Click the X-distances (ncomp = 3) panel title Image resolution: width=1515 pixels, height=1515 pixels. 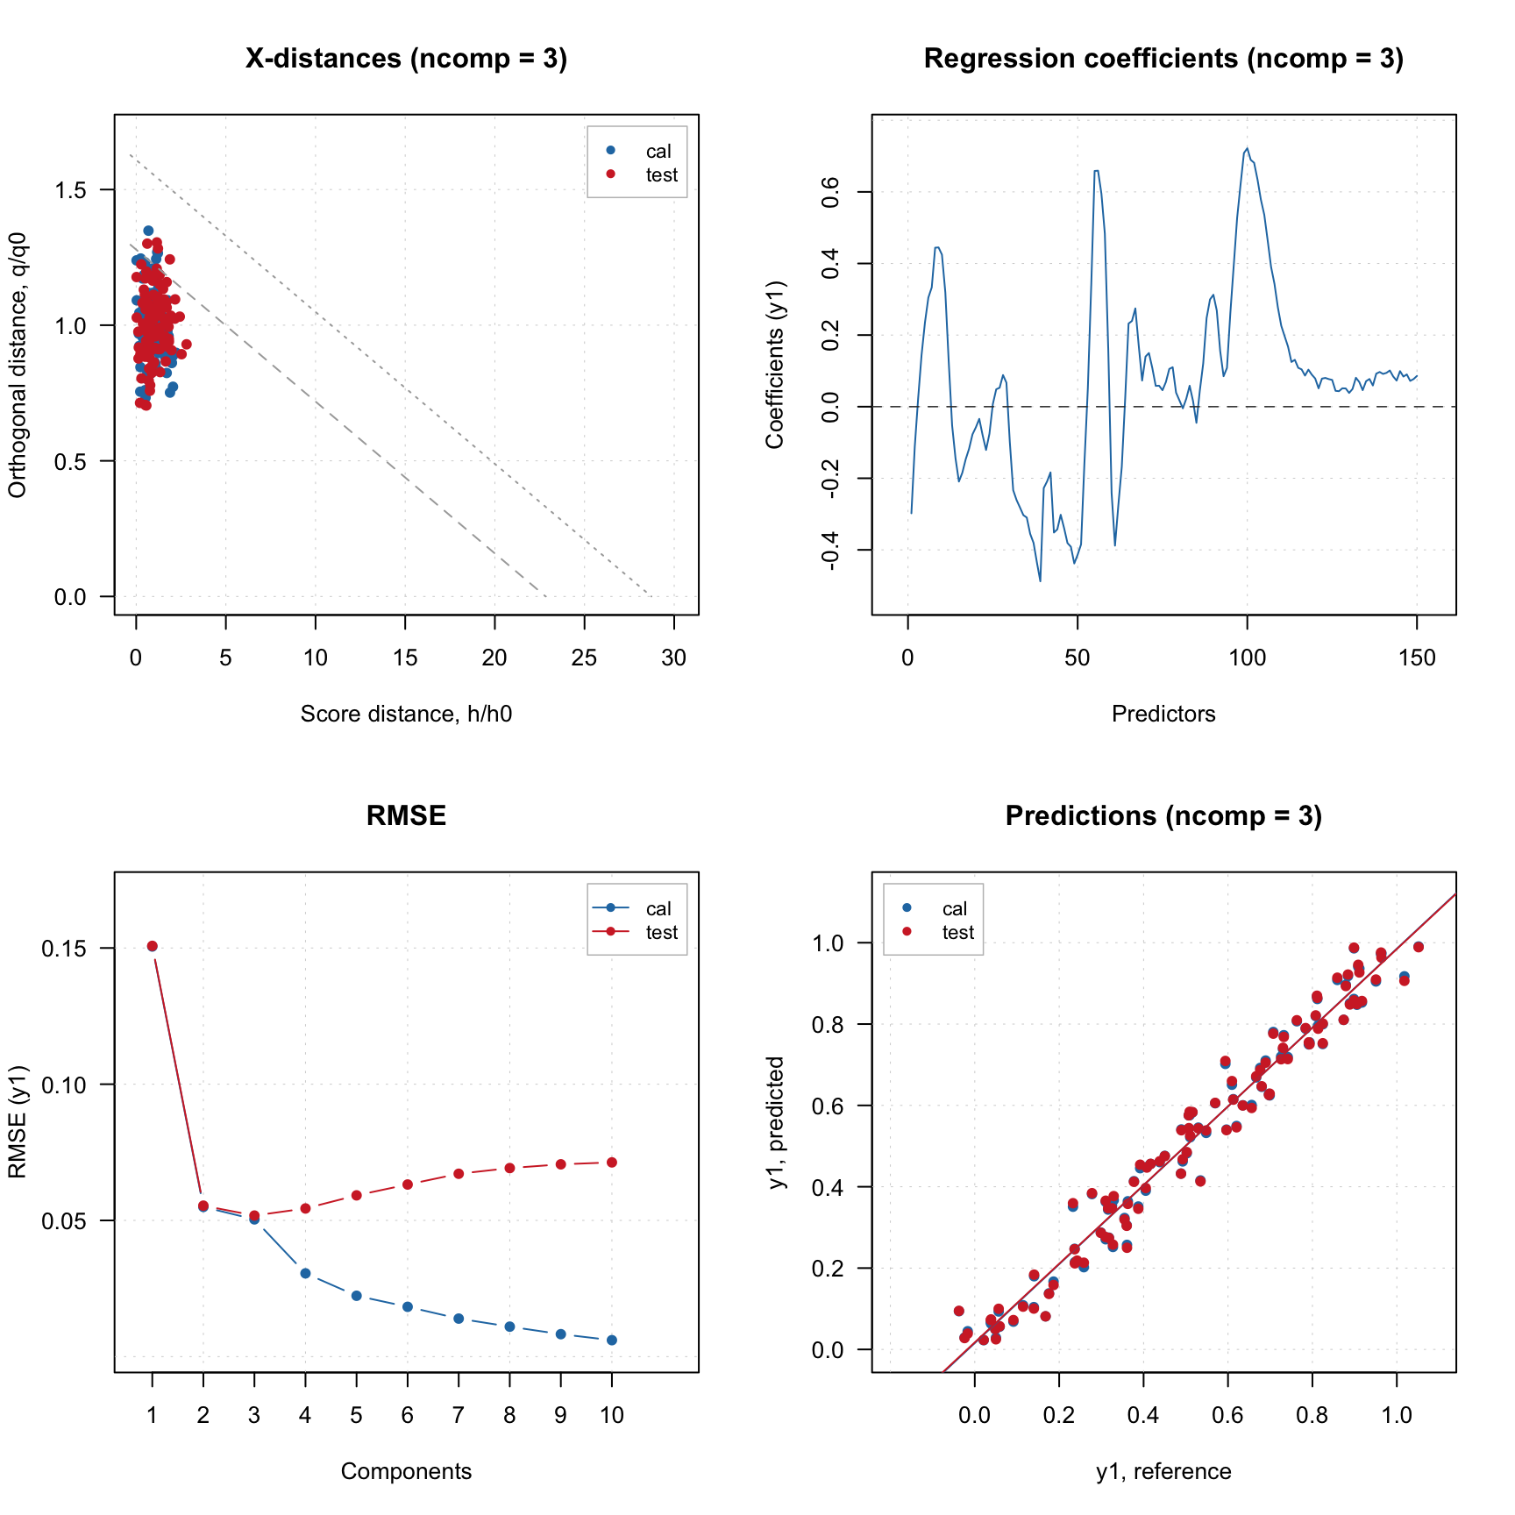[406, 59]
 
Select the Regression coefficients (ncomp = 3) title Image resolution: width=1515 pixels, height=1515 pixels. [1163, 59]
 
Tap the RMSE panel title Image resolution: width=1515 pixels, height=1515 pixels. [406, 816]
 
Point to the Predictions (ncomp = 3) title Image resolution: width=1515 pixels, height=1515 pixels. [1163, 816]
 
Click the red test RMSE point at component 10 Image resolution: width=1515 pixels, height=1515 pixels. [612, 1163]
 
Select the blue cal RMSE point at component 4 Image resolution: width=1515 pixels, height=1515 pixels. [305, 1273]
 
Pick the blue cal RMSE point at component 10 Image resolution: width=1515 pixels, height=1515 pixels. [612, 1340]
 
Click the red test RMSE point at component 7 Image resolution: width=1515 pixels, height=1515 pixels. [459, 1173]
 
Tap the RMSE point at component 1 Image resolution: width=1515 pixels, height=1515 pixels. [153, 946]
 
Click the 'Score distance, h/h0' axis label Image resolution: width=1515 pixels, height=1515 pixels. [406, 715]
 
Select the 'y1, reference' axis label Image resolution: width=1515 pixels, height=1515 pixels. [1163, 1472]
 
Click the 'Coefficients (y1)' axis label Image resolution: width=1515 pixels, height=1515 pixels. [775, 365]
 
